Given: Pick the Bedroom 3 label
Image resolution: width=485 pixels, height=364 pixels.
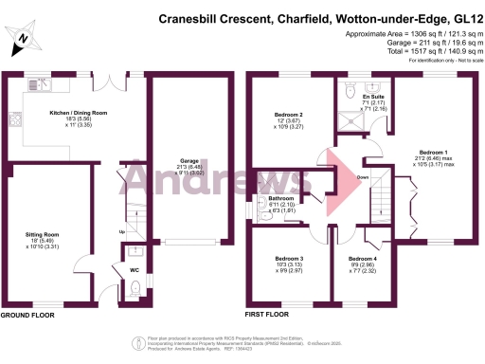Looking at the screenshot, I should coord(289,259).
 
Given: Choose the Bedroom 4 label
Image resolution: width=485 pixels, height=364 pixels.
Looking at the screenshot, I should coord(362,259).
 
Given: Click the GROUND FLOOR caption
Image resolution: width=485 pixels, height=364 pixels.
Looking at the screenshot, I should coord(26,315).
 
